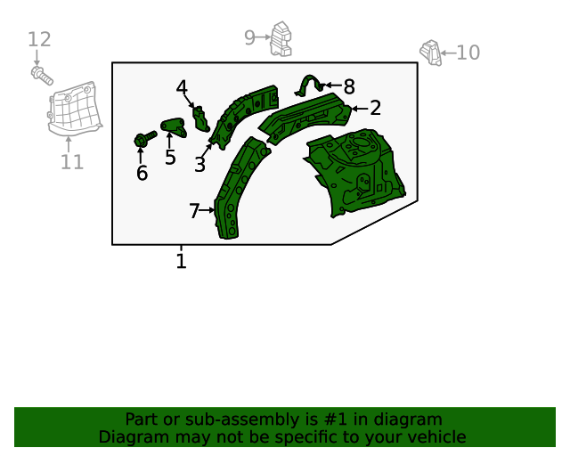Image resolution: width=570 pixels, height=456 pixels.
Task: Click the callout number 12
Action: click(39, 39)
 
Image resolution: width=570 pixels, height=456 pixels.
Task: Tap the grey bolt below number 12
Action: click(42, 76)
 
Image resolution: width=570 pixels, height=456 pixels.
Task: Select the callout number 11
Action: click(72, 162)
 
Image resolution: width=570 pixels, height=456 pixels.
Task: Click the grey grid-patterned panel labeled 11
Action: click(75, 109)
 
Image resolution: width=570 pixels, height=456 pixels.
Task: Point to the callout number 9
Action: click(249, 37)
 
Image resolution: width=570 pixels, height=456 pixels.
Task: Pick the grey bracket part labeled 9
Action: click(281, 39)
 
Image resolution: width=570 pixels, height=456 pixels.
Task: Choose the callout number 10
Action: click(468, 53)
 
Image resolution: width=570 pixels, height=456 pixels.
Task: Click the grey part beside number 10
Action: click(431, 53)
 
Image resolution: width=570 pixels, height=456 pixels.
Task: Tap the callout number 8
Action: click(349, 87)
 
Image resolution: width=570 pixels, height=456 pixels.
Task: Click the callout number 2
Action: click(376, 108)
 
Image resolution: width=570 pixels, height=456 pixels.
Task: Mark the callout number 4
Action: click(182, 87)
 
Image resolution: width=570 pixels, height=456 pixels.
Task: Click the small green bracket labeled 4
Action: click(200, 118)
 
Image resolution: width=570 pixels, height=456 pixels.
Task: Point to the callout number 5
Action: click(170, 157)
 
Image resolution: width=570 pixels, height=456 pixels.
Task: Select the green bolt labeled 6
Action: click(145, 139)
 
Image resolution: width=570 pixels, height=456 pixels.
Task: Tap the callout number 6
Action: click(142, 173)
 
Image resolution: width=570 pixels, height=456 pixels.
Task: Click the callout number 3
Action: click(199, 165)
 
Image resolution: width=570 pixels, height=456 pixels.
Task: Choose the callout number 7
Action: click(194, 211)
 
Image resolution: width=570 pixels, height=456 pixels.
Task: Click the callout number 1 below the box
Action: click(181, 261)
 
